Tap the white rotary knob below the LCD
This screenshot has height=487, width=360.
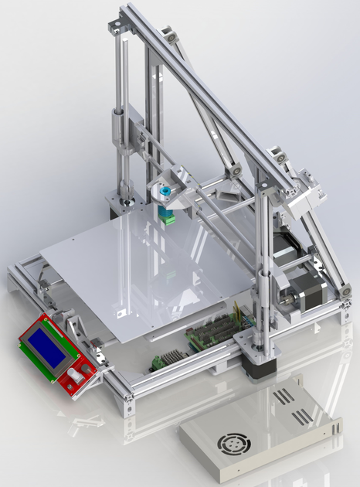coord(76,376)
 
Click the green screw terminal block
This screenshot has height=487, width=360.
coord(161,361)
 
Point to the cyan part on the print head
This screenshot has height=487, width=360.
coord(165,190)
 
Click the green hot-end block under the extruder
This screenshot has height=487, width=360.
coord(166,213)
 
